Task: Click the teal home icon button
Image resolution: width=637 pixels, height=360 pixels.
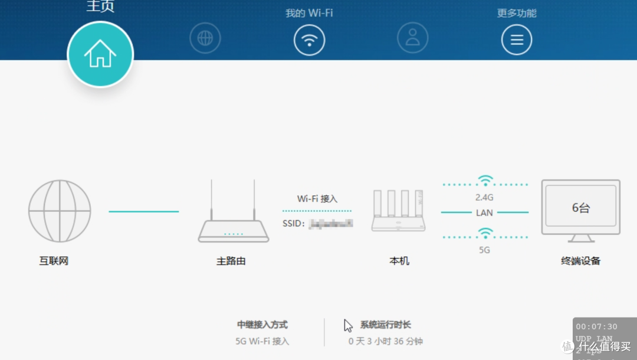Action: (100, 54)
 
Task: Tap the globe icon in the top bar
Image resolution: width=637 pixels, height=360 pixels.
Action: (205, 39)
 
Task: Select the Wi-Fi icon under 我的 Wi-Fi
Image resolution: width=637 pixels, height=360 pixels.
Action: (309, 40)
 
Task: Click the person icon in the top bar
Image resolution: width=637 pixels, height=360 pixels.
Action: (412, 39)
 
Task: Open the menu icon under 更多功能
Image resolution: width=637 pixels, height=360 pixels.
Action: (517, 40)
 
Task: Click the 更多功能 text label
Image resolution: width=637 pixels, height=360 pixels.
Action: (517, 13)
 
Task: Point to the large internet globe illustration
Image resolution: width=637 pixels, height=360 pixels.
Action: (60, 211)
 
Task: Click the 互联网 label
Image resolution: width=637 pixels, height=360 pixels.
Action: (54, 261)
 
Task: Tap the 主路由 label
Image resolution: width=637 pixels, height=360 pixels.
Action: (231, 261)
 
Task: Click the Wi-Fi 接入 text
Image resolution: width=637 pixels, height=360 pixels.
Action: (317, 199)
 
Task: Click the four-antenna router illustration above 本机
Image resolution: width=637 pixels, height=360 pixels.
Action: (399, 211)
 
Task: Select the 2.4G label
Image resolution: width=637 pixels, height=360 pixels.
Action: (484, 197)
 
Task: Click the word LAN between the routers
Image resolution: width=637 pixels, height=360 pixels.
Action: (484, 212)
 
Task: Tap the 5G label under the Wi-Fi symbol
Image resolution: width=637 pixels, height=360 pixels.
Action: (484, 250)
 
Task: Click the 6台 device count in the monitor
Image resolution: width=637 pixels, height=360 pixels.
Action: (581, 208)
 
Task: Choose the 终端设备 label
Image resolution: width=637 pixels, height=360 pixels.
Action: (581, 261)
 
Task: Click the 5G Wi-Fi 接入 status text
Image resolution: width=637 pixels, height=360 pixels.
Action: (262, 341)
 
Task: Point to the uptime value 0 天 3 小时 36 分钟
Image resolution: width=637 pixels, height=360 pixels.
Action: (386, 341)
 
